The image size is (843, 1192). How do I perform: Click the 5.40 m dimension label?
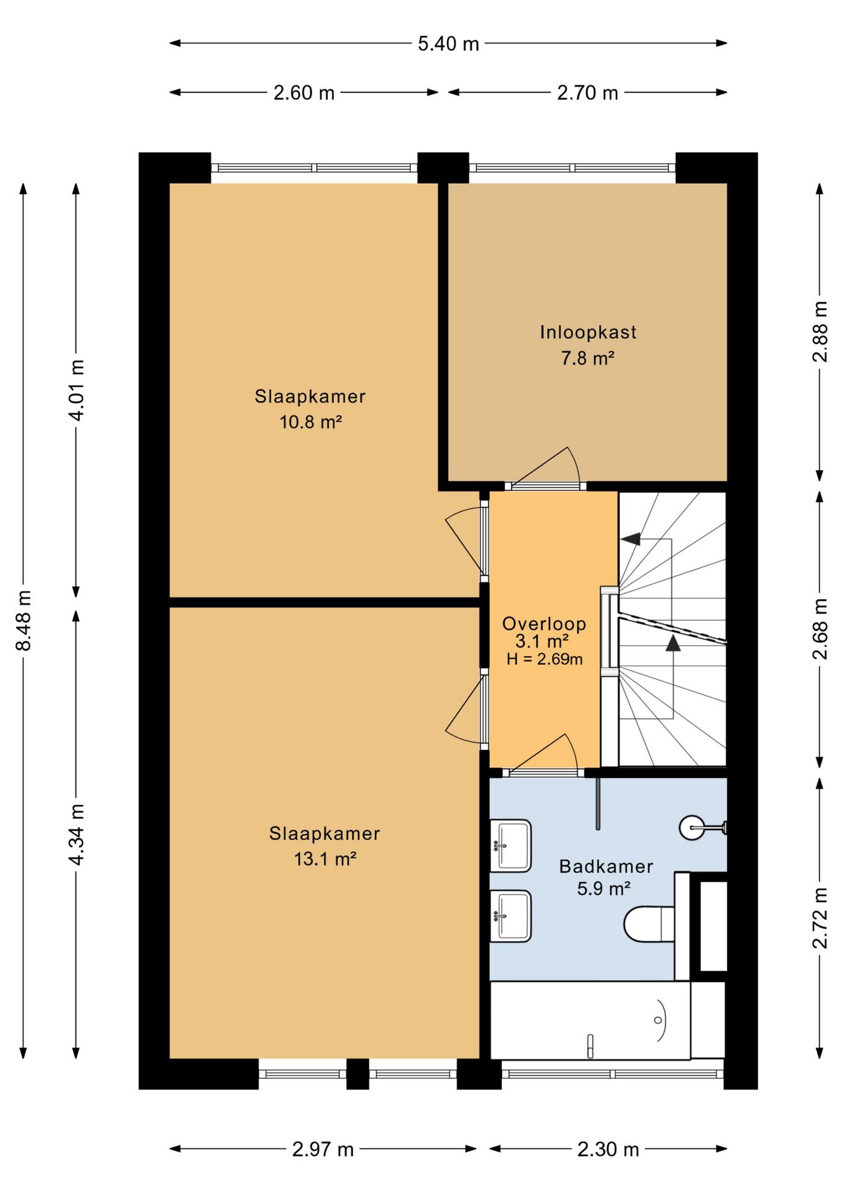pos(448,43)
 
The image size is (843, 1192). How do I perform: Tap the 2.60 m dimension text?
pos(304,93)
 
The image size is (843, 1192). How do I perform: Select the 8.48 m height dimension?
pos(24,620)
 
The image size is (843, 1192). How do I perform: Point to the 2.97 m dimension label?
pos(323,1149)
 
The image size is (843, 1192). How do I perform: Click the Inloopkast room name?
pos(588,332)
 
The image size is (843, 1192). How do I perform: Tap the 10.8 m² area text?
pos(310,422)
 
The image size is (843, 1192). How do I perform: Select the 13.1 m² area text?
pos(325,859)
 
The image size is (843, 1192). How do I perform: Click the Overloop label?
pos(544,623)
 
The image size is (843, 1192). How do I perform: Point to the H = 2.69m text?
pos(544,659)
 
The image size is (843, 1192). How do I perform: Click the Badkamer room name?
pos(606,866)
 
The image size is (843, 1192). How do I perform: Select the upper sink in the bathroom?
pos(510,846)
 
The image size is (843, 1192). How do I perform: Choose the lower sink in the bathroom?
pos(510,916)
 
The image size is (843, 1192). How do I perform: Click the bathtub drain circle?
pos(657,1020)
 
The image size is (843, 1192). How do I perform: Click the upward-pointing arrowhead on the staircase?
pos(673,643)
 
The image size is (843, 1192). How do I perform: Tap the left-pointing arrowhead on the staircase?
pos(631,539)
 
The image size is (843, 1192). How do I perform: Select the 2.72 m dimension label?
pos(820,918)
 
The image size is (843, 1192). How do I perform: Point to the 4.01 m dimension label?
pos(76,390)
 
